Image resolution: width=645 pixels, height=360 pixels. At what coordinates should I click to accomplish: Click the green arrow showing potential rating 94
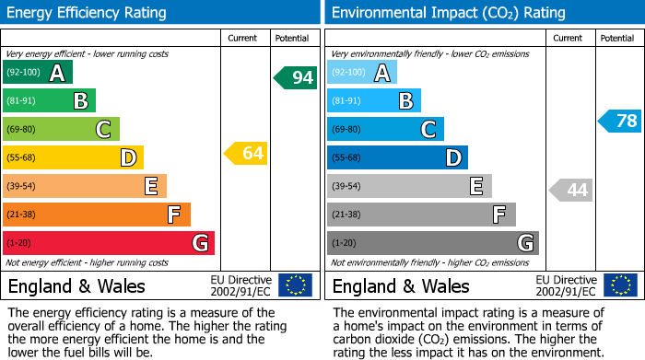[295, 77]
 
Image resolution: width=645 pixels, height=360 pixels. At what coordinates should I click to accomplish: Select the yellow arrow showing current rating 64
[246, 153]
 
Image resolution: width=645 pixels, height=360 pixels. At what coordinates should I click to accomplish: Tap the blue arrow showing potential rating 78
[619, 121]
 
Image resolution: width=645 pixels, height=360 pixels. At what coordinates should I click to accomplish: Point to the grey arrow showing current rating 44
[570, 190]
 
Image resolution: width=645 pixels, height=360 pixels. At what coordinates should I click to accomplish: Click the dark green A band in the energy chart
[38, 73]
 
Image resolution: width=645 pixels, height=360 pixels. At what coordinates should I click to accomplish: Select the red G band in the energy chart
[109, 243]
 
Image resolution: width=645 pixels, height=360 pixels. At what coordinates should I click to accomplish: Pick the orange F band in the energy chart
[97, 215]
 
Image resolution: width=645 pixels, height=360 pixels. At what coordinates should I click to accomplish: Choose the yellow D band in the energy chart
[73, 157]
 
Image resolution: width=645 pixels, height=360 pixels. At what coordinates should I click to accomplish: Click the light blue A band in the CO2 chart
[362, 73]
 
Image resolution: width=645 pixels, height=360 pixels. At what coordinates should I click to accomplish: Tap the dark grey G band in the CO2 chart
[433, 243]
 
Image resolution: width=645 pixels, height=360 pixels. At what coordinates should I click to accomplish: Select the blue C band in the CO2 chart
[385, 129]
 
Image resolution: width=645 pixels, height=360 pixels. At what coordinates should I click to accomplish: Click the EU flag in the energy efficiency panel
[295, 285]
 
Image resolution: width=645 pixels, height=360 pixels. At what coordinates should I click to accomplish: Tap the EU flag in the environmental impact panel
[619, 285]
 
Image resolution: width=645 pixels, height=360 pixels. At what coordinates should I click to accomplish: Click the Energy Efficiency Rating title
[88, 13]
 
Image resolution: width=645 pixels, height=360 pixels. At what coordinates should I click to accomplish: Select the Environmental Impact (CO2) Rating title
[448, 13]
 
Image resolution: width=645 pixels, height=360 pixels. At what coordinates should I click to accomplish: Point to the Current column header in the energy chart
[243, 38]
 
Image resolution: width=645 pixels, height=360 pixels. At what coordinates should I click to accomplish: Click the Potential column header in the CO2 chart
[616, 38]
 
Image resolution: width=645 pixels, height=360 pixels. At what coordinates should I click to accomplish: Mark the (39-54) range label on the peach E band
[23, 186]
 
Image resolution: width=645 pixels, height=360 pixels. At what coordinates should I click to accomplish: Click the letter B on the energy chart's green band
[80, 101]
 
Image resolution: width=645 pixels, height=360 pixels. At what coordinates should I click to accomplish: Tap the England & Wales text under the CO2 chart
[401, 285]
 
